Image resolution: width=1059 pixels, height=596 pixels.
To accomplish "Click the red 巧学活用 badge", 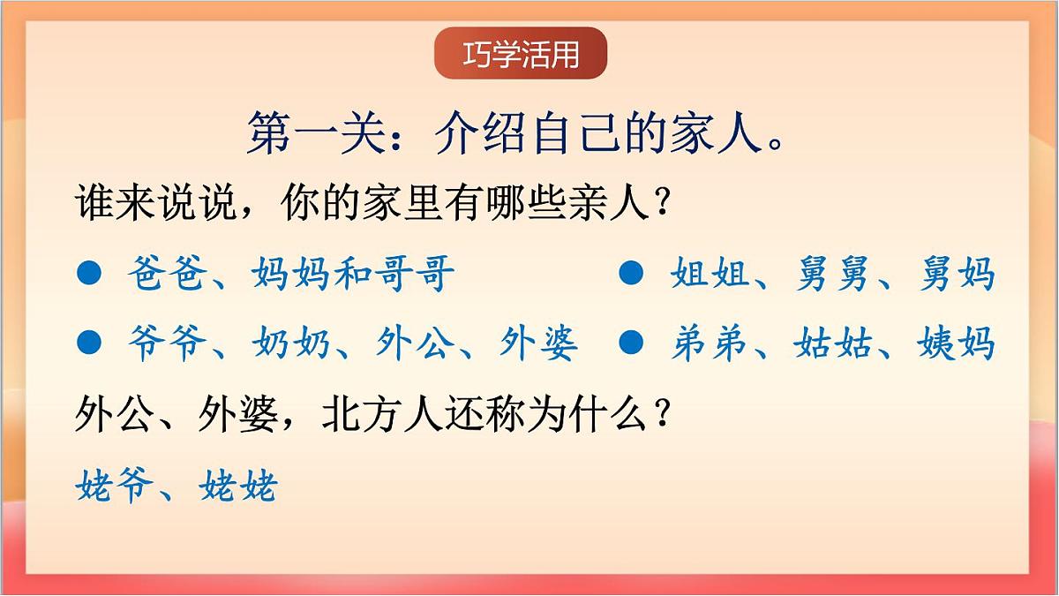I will click(x=521, y=54).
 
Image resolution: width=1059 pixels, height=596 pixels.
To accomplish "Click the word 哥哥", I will click(x=416, y=274).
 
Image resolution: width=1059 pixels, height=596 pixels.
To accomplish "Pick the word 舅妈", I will click(x=957, y=274).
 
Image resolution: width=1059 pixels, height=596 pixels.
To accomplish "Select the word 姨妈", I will click(x=957, y=343).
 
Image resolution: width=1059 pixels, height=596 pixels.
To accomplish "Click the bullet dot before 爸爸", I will click(x=90, y=274).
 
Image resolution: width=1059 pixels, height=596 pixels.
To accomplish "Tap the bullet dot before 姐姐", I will click(x=630, y=274).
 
